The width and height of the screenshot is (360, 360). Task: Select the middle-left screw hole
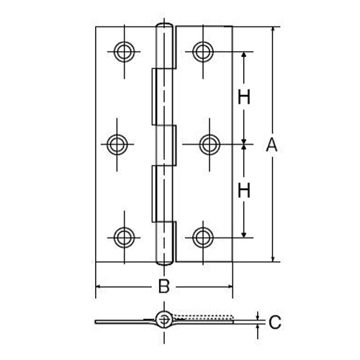click(116, 144)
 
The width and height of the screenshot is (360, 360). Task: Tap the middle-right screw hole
click(210, 144)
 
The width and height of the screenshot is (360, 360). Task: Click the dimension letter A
click(271, 145)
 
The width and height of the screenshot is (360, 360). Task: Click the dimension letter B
click(164, 287)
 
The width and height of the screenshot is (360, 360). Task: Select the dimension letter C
click(274, 323)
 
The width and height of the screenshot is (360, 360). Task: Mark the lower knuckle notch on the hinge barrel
click(156, 191)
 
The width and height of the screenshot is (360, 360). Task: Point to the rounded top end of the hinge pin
click(165, 28)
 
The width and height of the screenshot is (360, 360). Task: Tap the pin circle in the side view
click(165, 319)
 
